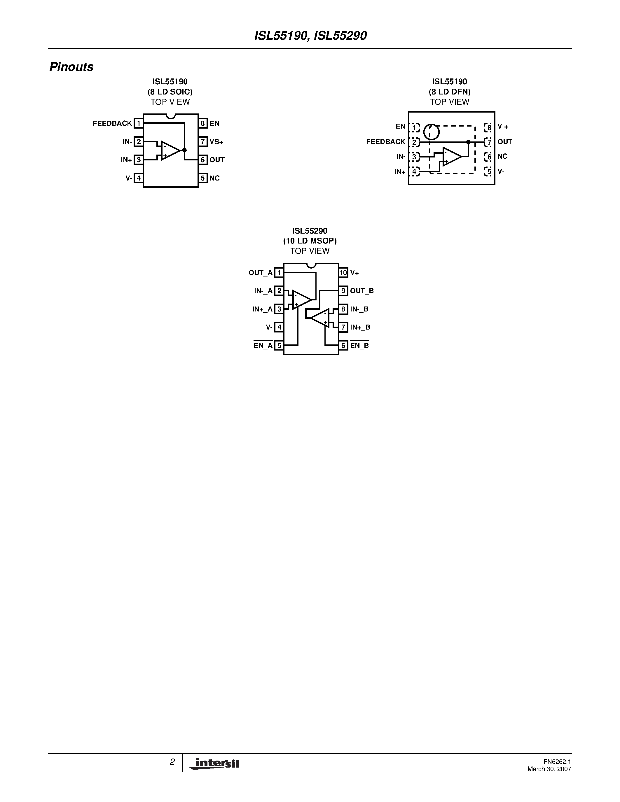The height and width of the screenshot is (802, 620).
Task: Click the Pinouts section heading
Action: coord(71,67)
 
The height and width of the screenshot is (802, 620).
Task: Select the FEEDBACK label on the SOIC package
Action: coord(112,123)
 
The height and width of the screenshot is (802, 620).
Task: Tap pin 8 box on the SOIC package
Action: coord(203,123)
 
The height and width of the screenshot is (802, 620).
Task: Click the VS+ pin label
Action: coord(216,142)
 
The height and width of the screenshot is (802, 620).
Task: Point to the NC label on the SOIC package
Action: coord(214,178)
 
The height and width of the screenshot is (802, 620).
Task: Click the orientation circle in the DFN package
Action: coord(431,132)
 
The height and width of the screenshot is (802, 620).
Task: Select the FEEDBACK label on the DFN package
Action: coord(385,142)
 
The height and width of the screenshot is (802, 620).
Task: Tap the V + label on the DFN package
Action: coord(503,127)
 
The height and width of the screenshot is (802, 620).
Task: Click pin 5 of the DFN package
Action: coord(488,171)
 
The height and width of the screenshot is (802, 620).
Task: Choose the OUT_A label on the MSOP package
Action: coord(261,273)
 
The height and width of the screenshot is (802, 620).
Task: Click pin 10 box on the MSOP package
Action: coord(343,273)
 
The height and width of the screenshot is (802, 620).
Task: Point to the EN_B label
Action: coord(359,346)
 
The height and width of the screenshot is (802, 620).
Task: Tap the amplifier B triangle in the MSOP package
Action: coord(321,318)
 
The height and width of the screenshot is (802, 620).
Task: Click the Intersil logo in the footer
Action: coord(214,764)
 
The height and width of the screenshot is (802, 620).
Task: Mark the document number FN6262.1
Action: coord(557,762)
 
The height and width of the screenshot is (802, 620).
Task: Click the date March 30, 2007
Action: coord(549,769)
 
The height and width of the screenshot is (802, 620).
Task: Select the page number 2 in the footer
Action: coord(172,762)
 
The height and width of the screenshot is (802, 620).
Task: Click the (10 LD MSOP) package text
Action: coord(310,241)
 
